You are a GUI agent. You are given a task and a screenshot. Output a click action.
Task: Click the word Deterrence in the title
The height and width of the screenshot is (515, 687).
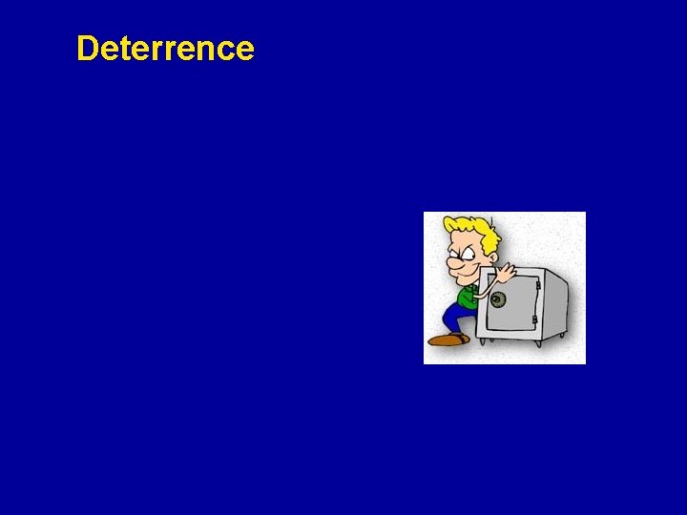click(165, 49)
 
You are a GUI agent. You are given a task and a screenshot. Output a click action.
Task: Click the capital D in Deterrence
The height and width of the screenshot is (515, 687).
click(88, 49)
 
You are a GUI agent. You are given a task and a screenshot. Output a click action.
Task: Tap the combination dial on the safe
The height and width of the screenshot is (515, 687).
click(498, 299)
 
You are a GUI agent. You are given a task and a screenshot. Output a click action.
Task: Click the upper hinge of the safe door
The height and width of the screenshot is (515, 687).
click(537, 285)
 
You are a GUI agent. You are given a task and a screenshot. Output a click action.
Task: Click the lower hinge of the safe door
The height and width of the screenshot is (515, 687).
click(535, 319)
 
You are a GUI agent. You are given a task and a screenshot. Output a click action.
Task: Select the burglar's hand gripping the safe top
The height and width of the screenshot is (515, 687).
click(505, 272)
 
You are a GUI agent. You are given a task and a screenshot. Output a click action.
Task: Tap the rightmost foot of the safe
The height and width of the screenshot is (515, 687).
click(562, 335)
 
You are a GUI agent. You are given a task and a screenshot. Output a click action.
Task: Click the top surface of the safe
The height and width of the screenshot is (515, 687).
click(530, 272)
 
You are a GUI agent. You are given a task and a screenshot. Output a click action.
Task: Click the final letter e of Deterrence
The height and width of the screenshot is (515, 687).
click(245, 49)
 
